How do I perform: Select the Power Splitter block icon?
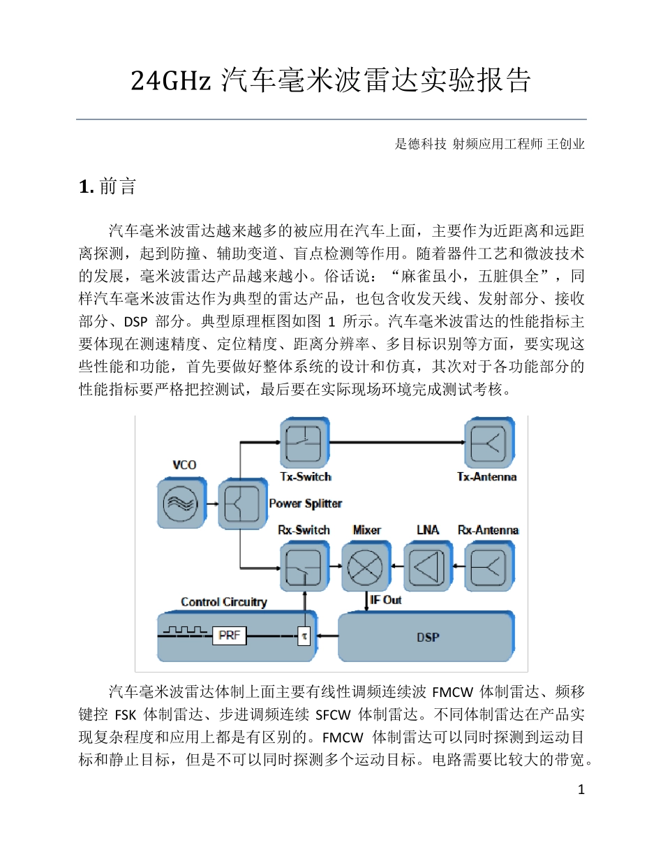[242, 503]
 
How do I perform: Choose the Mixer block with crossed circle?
[365, 566]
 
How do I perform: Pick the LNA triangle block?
[426, 566]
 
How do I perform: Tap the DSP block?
[427, 637]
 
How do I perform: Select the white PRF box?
[230, 636]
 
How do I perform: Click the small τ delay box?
[304, 636]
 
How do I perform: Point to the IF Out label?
[386, 600]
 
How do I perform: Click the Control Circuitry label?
[223, 602]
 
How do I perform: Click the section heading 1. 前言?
[107, 187]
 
